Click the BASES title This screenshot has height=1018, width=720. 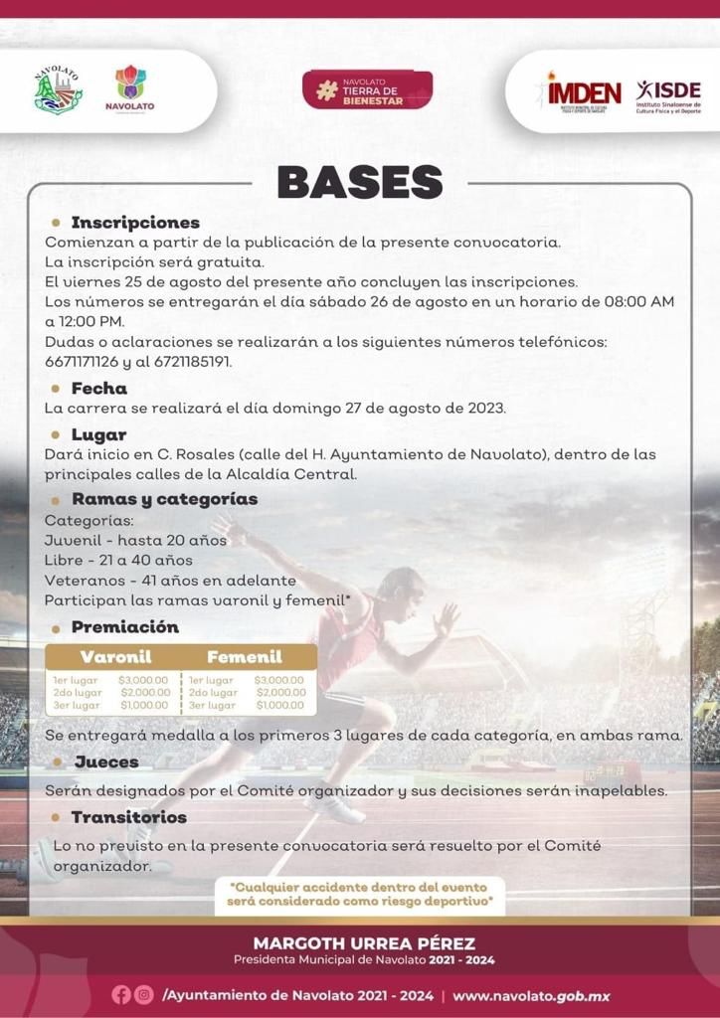point(359,183)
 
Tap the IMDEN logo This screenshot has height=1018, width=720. point(583,92)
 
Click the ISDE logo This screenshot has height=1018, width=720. point(668,95)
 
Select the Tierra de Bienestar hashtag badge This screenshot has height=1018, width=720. point(367,89)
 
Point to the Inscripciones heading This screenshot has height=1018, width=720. point(135,223)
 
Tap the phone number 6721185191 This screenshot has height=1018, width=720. point(192,361)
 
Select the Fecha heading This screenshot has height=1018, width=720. point(98,388)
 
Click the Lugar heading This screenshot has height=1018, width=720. point(98,434)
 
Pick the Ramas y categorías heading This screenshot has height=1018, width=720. point(164,498)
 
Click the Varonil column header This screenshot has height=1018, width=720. point(115,657)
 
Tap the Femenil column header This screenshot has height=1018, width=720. point(245,657)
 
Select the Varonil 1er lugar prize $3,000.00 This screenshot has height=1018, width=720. point(145,680)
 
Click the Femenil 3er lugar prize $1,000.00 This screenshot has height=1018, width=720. point(280,705)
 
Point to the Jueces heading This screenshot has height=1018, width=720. point(105,762)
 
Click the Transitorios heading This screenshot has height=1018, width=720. point(128,817)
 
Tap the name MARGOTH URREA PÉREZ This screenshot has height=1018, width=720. point(364,942)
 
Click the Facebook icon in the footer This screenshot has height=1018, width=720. point(121,995)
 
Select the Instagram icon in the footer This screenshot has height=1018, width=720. point(144,995)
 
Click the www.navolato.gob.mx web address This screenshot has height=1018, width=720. point(531,995)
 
